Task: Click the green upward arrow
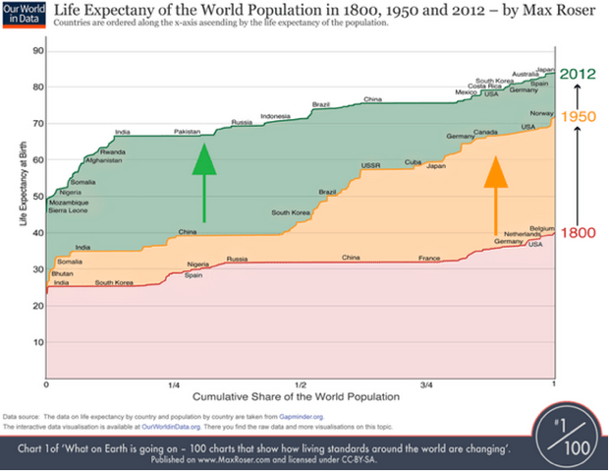pyautogui.click(x=203, y=182)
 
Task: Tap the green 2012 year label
pyautogui.click(x=577, y=73)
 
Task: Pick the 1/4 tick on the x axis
pyautogui.click(x=173, y=384)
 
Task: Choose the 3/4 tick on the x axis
pyautogui.click(x=426, y=384)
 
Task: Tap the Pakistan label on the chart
pyautogui.click(x=187, y=132)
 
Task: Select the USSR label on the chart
pyautogui.click(x=371, y=165)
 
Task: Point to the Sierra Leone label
pyautogui.click(x=68, y=210)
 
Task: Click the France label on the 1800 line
pyautogui.click(x=429, y=258)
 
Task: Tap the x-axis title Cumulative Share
pyautogui.click(x=301, y=396)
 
